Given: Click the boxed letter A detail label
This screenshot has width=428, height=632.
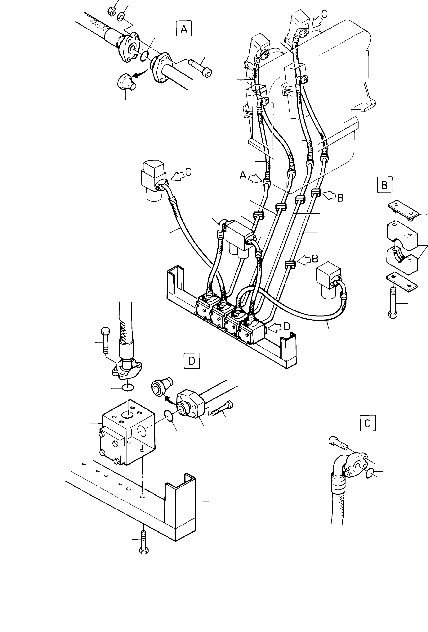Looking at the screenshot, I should (x=184, y=29).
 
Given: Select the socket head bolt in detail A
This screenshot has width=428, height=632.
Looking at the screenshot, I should (x=201, y=68).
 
